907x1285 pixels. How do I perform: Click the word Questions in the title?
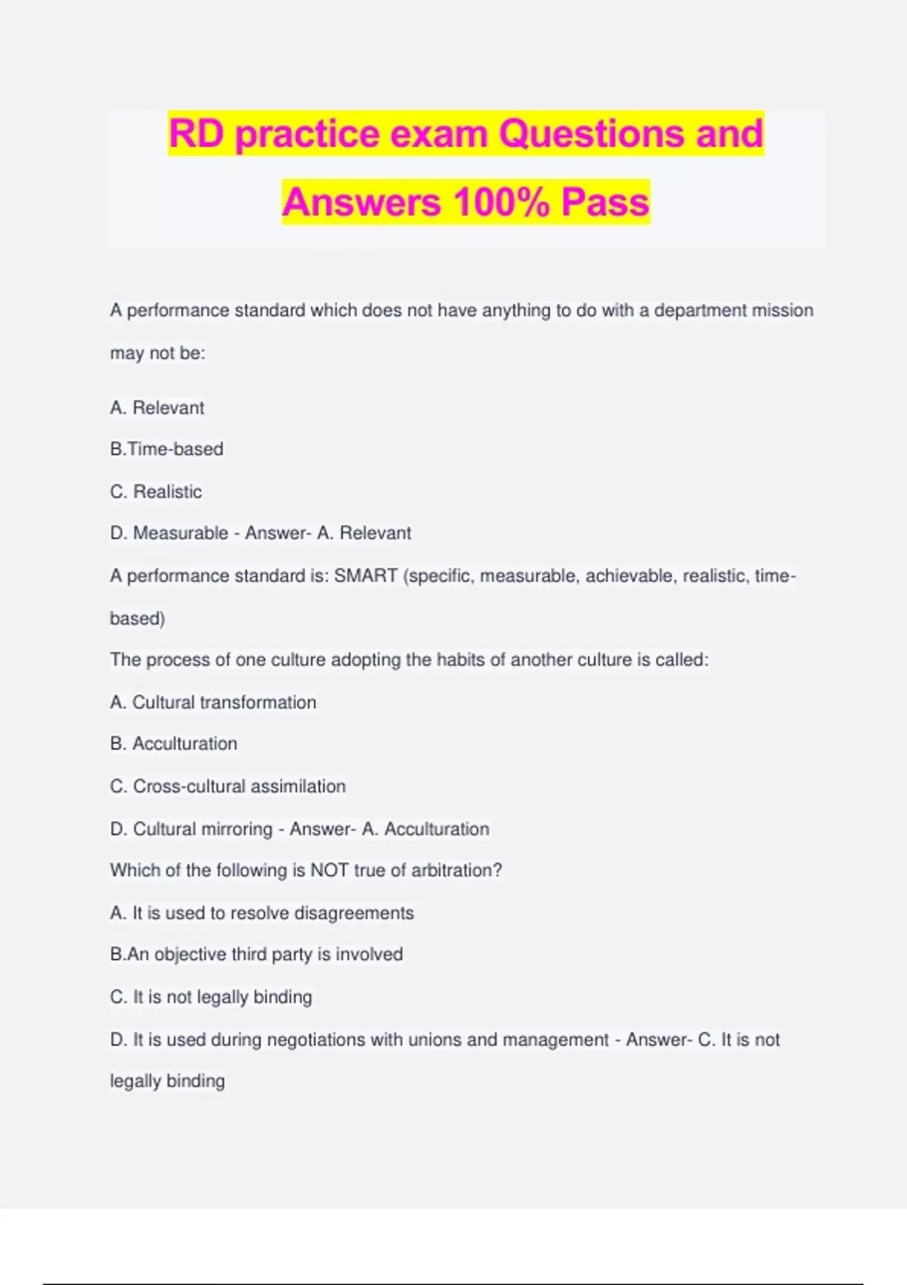click(x=592, y=134)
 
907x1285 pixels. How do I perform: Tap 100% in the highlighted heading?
click(x=501, y=203)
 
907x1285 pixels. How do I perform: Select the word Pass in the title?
click(x=605, y=203)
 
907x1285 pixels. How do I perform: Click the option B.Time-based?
click(x=167, y=449)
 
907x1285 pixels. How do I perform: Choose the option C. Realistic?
click(x=156, y=491)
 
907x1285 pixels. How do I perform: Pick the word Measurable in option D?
click(x=181, y=533)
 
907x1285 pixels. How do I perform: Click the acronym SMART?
click(x=366, y=576)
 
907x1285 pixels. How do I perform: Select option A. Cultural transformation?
click(x=213, y=702)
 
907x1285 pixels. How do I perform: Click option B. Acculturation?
click(x=174, y=744)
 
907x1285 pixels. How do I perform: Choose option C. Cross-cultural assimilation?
click(x=228, y=786)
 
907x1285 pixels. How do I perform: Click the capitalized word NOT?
click(x=330, y=871)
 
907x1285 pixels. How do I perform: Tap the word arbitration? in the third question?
click(x=457, y=871)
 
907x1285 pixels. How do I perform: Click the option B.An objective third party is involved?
click(x=256, y=955)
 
